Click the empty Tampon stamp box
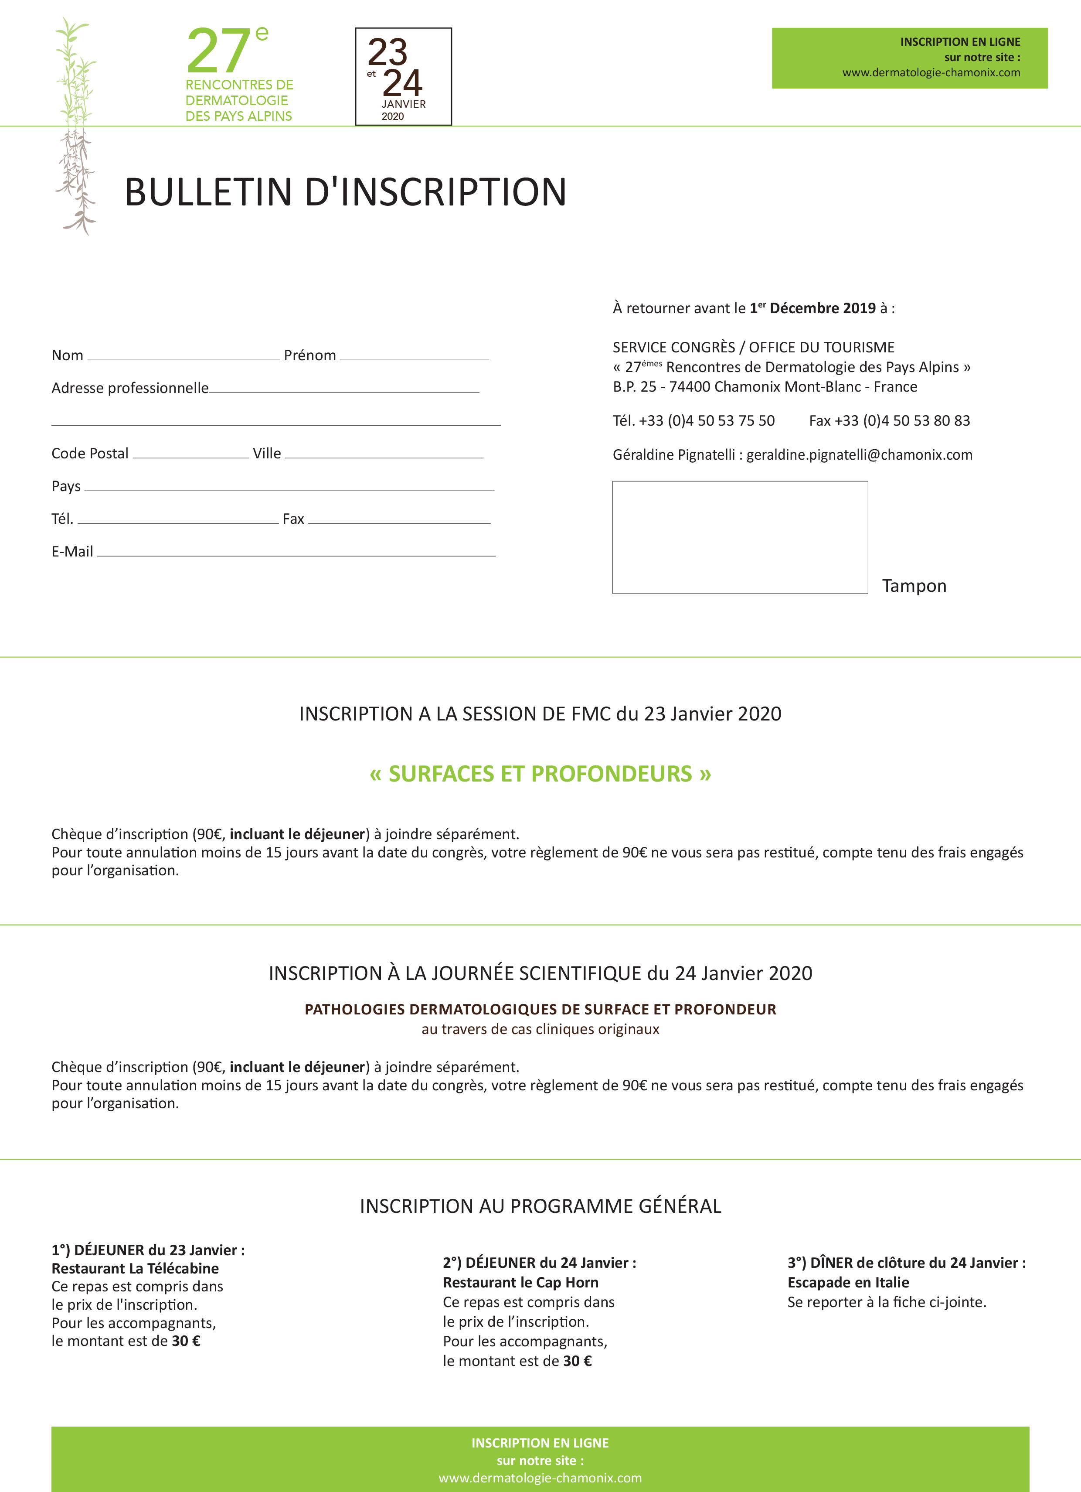[x=740, y=537]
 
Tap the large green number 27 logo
[x=218, y=51]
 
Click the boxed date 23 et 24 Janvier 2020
[x=403, y=76]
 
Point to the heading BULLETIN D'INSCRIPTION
[x=345, y=192]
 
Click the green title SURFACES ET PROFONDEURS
[x=540, y=774]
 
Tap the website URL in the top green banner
[x=931, y=72]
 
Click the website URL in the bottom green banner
[x=540, y=1478]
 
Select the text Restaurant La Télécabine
[x=135, y=1268]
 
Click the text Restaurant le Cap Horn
[x=520, y=1282]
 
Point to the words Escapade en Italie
[x=848, y=1282]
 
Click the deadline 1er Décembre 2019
[x=813, y=308]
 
